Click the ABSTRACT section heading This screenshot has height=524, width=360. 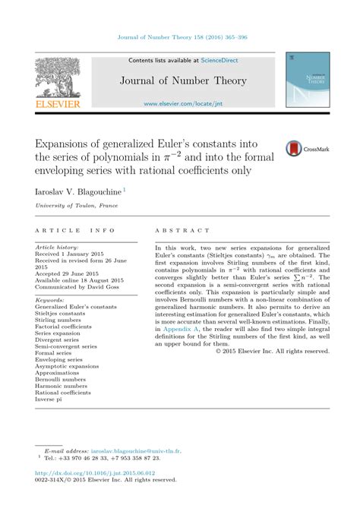182,229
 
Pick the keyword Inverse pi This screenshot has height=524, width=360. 50,399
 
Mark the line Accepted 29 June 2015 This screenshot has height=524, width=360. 71,274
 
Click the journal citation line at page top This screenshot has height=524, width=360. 180,36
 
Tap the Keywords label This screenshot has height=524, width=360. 49,300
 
